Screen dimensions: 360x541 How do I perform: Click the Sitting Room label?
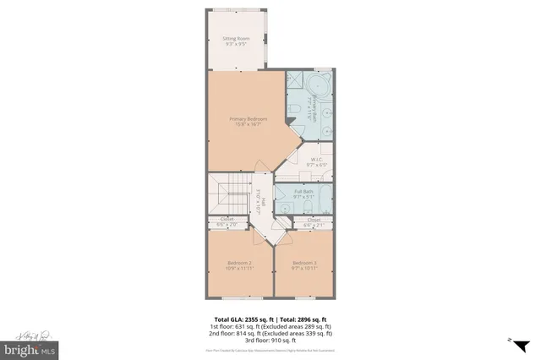coord(236,41)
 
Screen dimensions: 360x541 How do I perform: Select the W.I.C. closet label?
coord(314,161)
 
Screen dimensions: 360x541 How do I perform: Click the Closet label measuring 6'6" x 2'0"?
coord(227,222)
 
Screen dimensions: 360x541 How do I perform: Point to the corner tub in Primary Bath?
coord(320,86)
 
